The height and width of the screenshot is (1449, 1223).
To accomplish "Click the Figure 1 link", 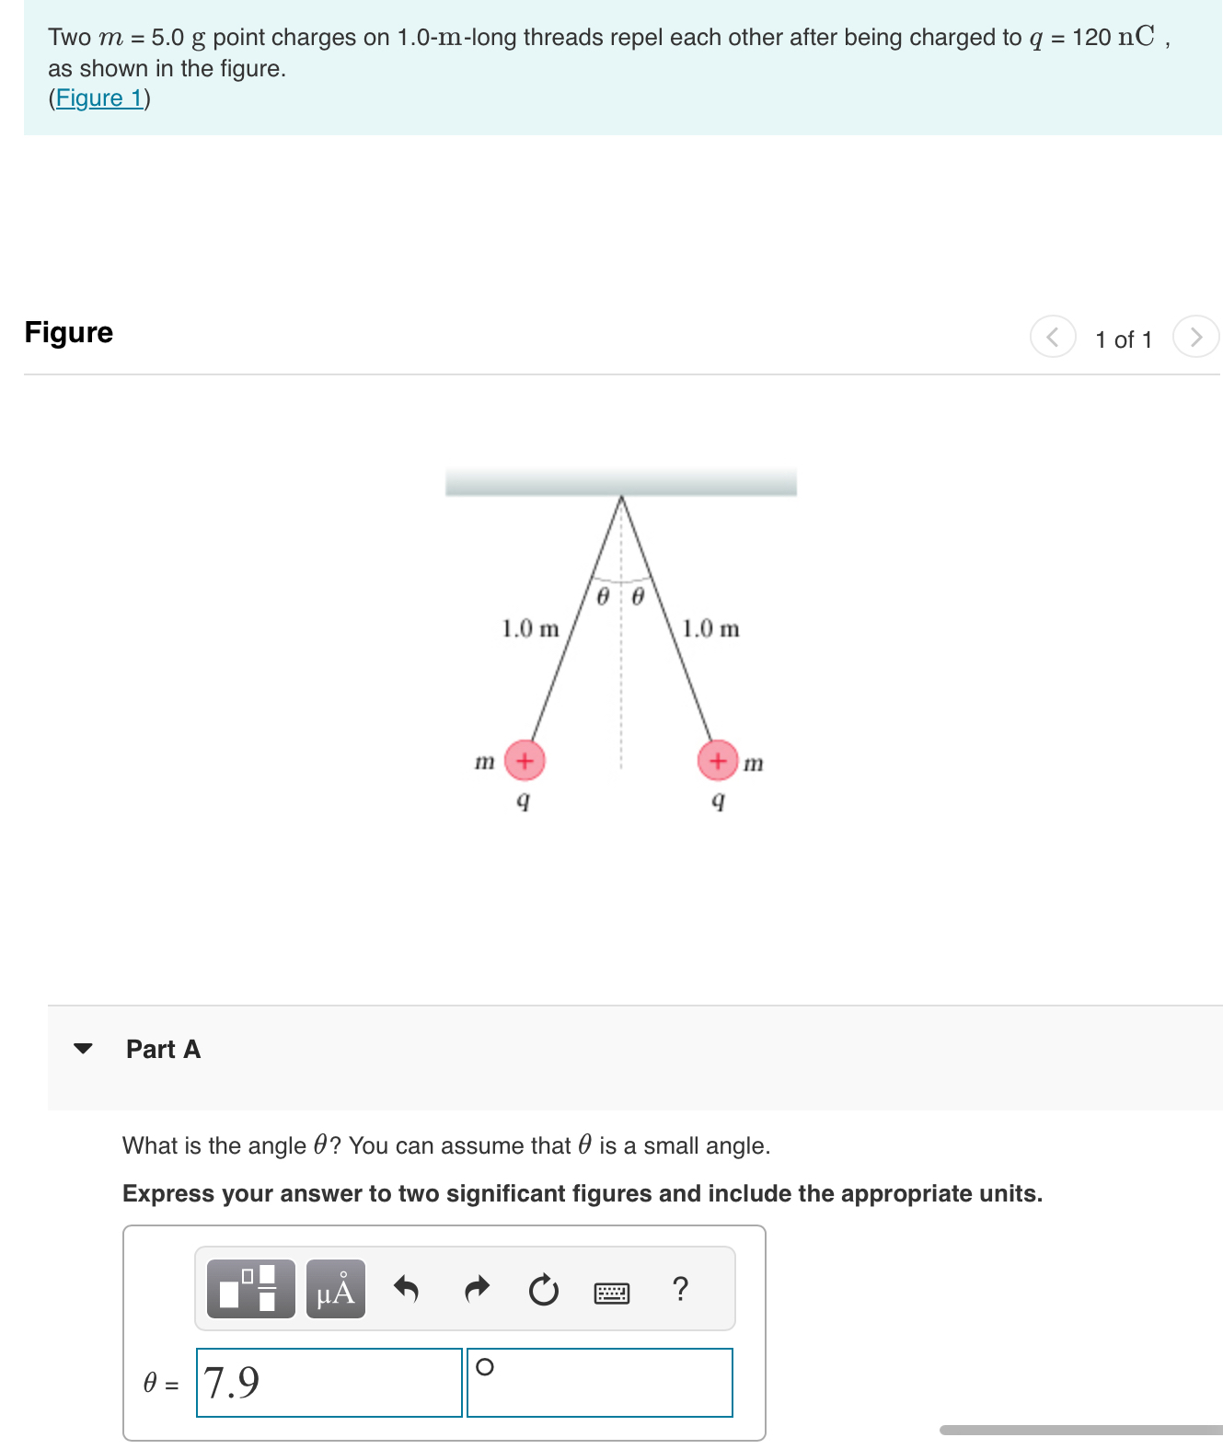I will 99,98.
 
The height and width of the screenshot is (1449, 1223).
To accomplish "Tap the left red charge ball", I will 525,761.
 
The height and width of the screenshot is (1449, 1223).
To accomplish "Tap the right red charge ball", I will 718,761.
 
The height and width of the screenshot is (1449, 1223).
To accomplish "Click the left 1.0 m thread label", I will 530,629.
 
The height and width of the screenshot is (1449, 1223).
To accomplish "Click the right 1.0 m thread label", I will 710,629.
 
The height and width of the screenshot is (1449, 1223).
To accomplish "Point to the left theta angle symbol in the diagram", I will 604,597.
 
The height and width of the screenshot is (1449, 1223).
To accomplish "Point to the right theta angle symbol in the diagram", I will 638,597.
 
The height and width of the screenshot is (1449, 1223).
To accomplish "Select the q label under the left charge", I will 523,801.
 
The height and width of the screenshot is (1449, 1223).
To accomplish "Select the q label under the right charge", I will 719,801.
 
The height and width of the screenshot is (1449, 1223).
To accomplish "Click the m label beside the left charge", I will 484,762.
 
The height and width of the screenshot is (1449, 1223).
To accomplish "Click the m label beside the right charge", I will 753,764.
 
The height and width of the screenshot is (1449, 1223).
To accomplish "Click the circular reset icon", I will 544,1290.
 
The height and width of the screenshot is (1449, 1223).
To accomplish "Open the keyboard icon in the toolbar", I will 612,1294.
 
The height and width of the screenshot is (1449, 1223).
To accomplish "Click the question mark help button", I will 680,1289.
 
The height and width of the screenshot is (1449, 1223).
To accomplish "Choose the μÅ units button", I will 336,1290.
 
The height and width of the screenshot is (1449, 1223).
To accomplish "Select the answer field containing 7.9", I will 329,1383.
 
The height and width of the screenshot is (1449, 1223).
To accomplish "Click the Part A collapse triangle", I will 83,1049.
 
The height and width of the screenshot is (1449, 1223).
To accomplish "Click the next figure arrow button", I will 1195,337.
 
